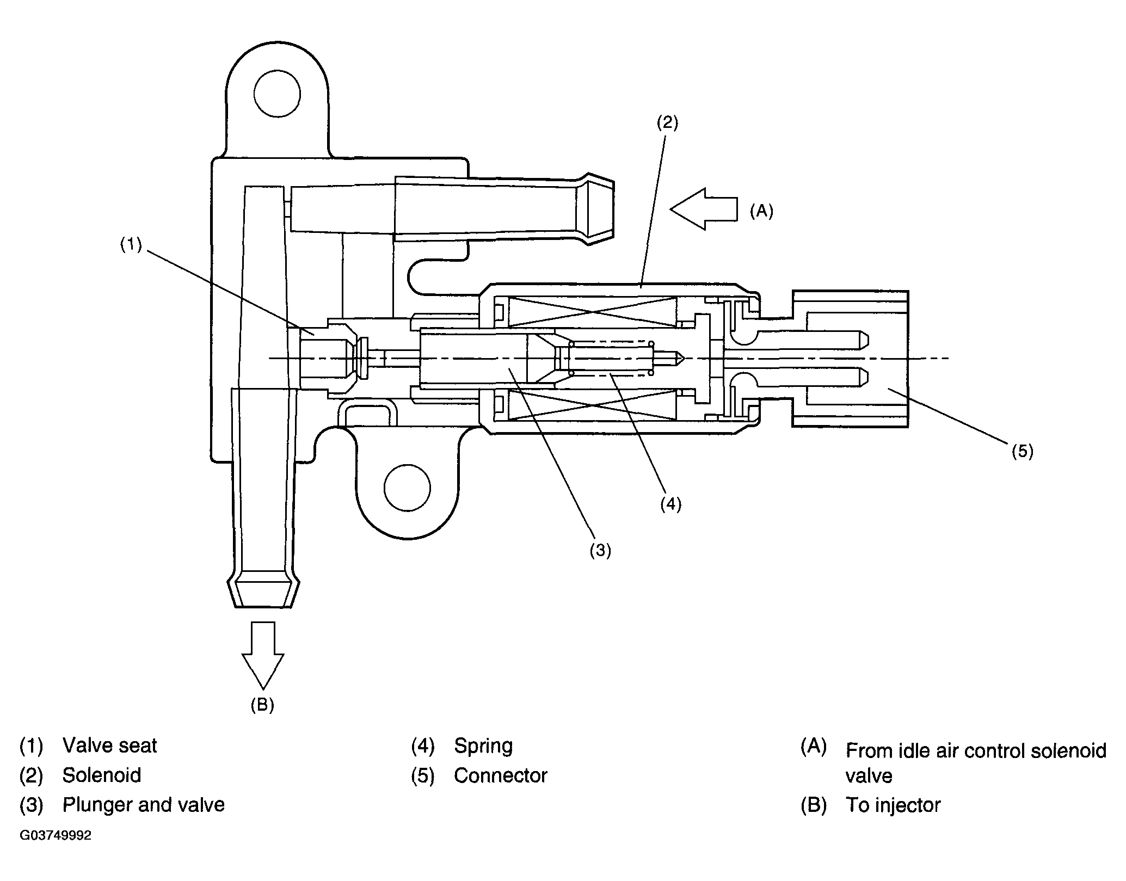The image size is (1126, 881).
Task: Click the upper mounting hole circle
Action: pos(277,93)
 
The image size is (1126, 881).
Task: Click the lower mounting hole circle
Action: pos(407,488)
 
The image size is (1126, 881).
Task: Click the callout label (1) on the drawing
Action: pos(131,245)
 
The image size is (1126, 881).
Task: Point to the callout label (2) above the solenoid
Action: pos(667,123)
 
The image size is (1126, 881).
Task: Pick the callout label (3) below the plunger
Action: pos(600,551)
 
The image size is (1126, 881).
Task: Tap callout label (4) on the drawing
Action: pos(670,504)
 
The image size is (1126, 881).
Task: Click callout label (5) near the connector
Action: pos(1022,451)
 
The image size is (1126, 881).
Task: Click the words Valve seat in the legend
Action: pos(109,746)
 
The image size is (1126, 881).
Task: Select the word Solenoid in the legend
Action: pos(102,775)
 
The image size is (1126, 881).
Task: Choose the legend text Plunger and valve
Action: pos(144,805)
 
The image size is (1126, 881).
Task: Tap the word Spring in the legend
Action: pos(483,746)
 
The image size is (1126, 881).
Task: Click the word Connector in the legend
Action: pos(501,775)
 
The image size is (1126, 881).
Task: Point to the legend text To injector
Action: pos(893,805)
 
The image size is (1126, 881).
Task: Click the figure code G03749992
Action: pos(56,835)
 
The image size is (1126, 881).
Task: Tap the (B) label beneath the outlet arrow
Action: pos(262,705)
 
